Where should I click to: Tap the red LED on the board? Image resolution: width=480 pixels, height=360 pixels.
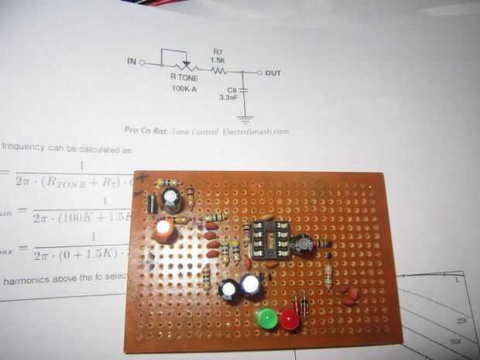pyautogui.click(x=290, y=320)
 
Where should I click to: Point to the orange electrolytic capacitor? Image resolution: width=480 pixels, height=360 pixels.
pyautogui.click(x=164, y=230)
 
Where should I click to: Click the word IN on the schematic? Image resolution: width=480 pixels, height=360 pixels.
pyautogui.click(x=130, y=61)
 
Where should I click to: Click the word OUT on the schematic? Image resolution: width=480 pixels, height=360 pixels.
pyautogui.click(x=273, y=73)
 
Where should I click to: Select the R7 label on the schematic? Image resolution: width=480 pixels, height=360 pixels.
pyautogui.click(x=218, y=51)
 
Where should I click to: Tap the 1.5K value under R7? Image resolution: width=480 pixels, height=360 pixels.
pyautogui.click(x=218, y=60)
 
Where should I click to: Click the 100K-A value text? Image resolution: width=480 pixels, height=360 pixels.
pyautogui.click(x=186, y=88)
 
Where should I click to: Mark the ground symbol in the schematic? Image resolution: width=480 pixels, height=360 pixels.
pyautogui.click(x=245, y=119)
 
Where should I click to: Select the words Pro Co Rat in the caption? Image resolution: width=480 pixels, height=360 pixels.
pyautogui.click(x=146, y=132)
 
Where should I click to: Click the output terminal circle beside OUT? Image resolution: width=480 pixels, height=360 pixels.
pyautogui.click(x=259, y=73)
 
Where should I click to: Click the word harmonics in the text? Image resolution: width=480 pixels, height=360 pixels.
pyautogui.click(x=31, y=279)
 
